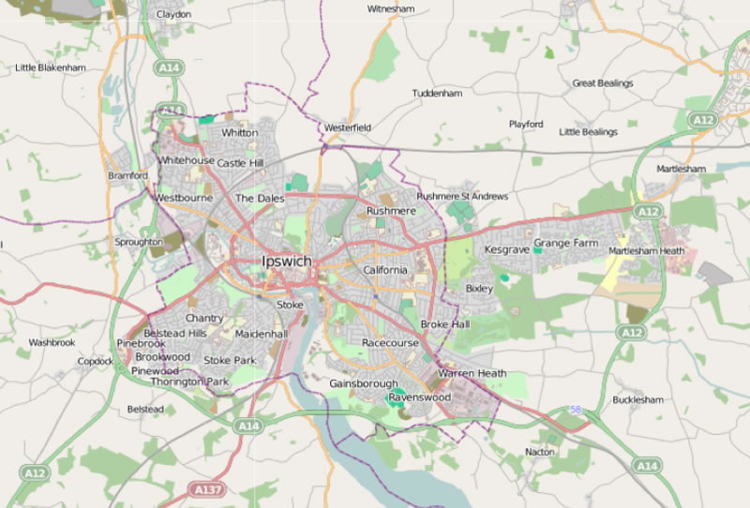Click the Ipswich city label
click(x=287, y=261)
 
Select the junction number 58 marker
click(x=575, y=410)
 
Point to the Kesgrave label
click(x=507, y=250)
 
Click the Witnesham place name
click(x=390, y=8)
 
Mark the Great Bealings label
click(x=603, y=83)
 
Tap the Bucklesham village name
click(x=637, y=399)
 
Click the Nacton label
click(x=540, y=452)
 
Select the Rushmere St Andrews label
click(x=462, y=197)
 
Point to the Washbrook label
click(x=52, y=343)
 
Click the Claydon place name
click(x=173, y=15)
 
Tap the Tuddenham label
click(x=438, y=94)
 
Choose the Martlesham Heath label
click(x=646, y=251)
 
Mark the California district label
click(x=385, y=270)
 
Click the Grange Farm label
click(x=565, y=243)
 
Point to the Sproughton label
click(x=139, y=241)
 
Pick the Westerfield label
click(x=348, y=127)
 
